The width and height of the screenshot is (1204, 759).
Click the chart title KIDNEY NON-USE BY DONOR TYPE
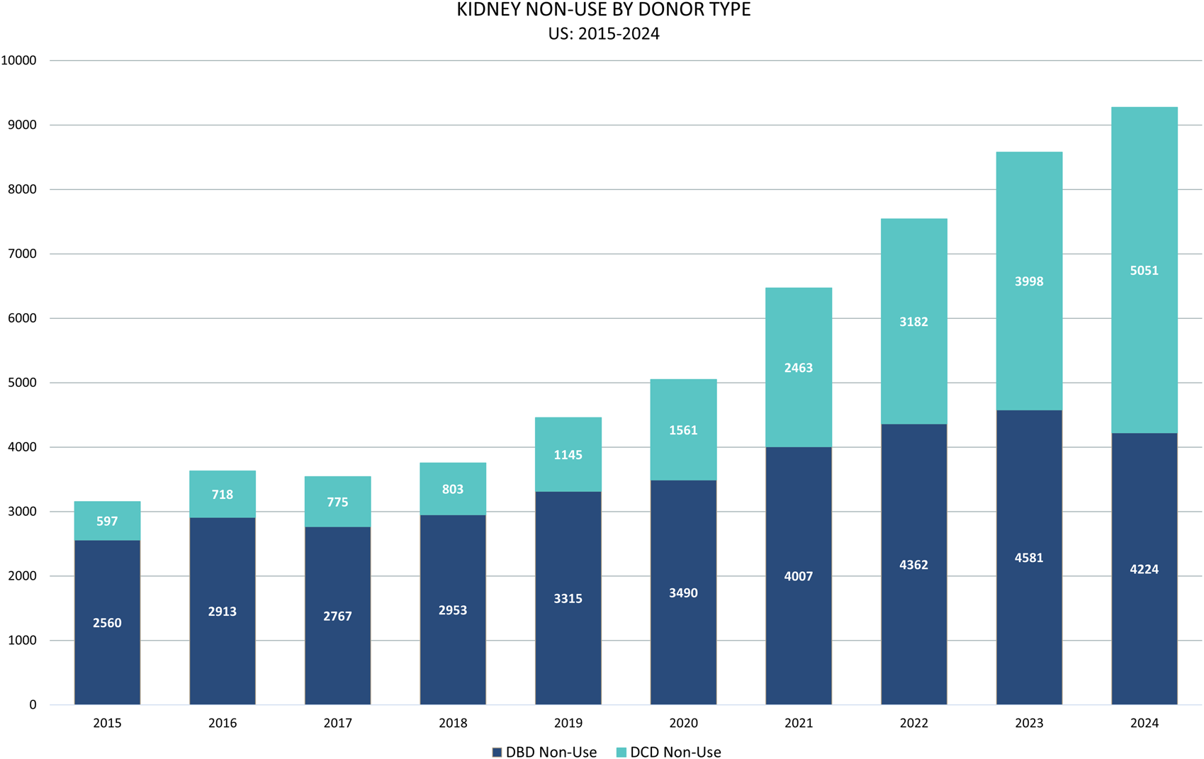603,11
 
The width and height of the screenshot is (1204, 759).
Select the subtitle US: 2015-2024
603,34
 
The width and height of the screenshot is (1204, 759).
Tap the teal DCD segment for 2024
1144,213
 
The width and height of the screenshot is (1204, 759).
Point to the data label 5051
1144,271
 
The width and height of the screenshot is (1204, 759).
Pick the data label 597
107,522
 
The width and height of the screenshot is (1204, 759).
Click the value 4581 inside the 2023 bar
1028,558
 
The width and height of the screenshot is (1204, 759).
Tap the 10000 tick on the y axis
19,61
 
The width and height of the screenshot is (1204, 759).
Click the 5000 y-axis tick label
22,383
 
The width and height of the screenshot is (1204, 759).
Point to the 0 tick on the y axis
33,705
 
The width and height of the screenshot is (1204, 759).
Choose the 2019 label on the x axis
568,724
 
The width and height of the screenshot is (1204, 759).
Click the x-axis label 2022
913,724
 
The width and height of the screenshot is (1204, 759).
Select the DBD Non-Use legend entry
544,753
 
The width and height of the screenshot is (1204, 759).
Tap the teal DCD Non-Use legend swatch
621,753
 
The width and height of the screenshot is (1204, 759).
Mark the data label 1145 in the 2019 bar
568,455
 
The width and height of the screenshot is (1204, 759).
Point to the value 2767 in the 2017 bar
337,617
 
